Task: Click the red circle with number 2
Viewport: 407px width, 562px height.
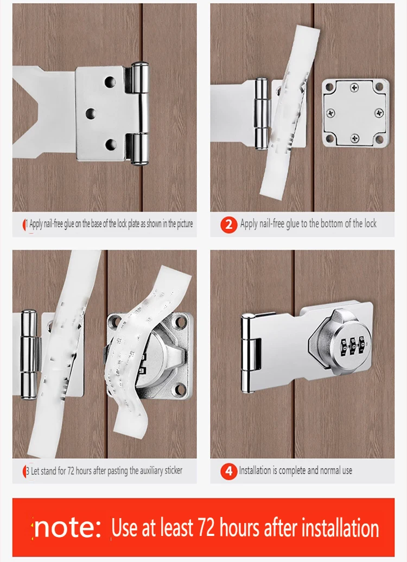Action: pos(229,225)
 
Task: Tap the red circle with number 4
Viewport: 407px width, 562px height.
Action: pos(229,471)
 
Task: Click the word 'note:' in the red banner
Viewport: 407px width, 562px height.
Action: pos(68,527)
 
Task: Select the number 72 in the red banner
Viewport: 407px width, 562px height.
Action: pos(206,528)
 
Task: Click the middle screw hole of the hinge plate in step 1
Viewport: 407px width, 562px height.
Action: pos(91,113)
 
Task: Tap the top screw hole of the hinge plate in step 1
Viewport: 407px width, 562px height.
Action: pos(110,82)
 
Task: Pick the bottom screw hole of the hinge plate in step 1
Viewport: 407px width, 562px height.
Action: pos(111,144)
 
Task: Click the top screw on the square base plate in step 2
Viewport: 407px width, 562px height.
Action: pos(355,87)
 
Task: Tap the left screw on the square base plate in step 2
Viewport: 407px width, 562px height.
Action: pos(330,113)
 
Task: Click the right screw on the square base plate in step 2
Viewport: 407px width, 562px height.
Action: pos(379,113)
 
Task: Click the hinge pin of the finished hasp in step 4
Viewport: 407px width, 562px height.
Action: pos(246,353)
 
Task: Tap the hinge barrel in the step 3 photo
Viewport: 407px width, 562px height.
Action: pos(29,354)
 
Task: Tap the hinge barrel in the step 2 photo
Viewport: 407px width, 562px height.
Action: pos(262,114)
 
